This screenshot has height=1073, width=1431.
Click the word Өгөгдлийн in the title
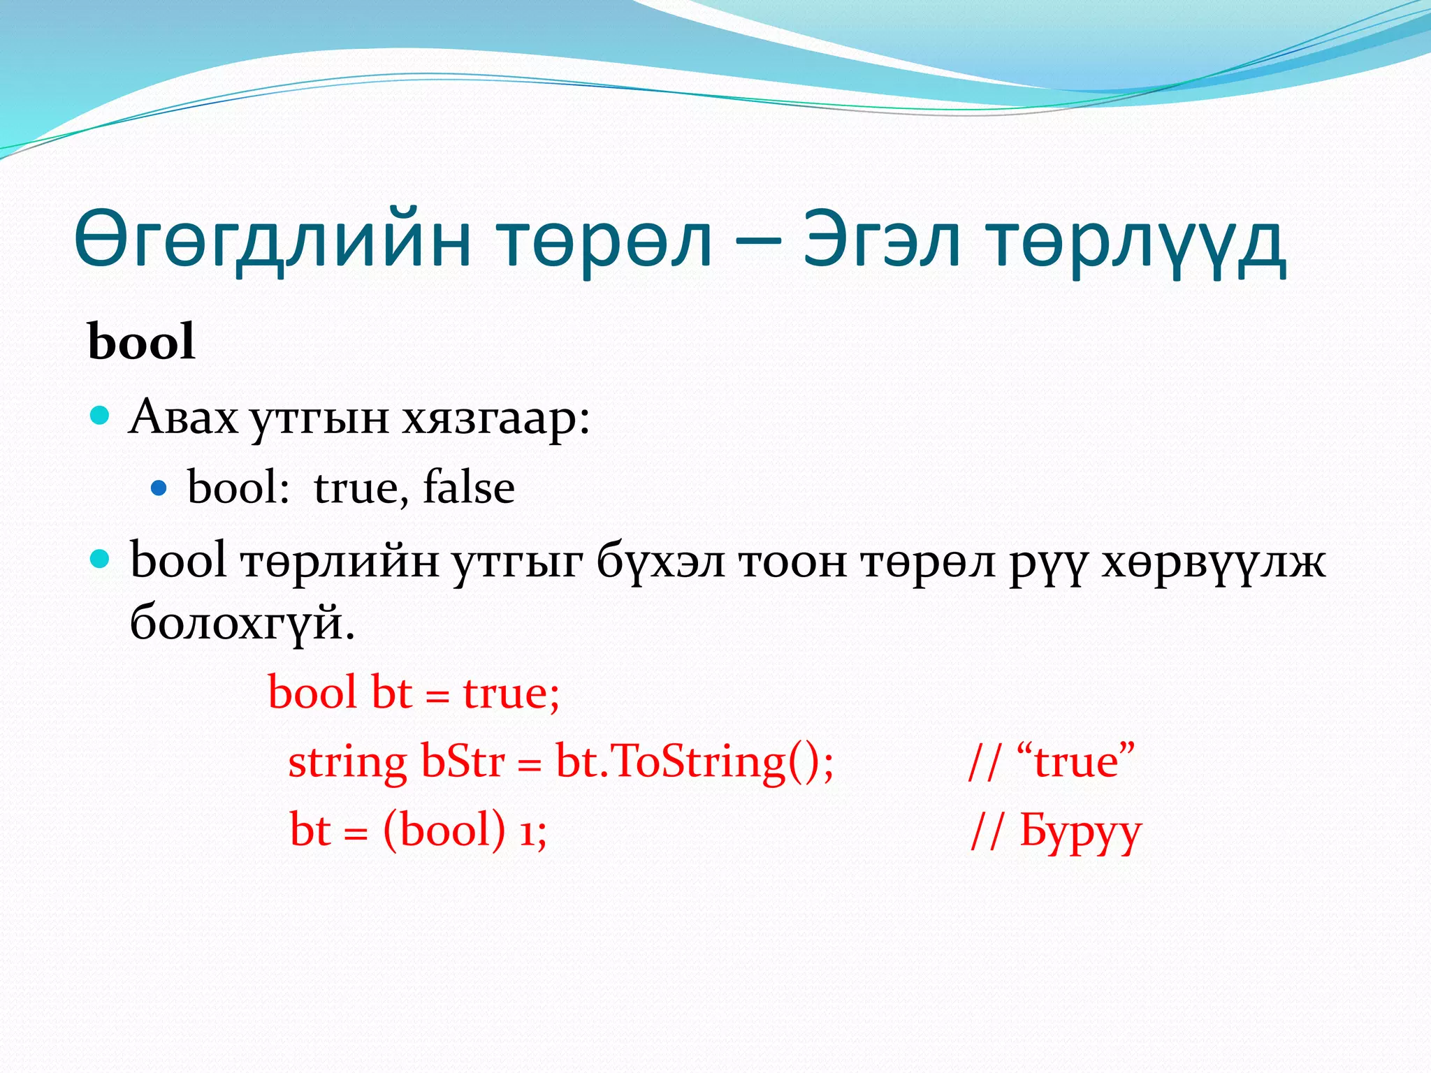coord(273,241)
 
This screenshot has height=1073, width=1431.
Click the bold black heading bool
coord(141,342)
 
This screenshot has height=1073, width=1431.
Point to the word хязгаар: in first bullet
coord(496,418)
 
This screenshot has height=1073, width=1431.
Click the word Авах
coord(184,418)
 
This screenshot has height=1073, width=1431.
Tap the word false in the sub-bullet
coord(469,487)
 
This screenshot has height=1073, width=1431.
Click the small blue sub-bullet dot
coord(159,487)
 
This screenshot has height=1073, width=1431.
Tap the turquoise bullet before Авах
coord(101,416)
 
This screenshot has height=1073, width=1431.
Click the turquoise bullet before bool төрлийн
coord(101,559)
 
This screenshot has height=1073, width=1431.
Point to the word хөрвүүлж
coord(1213,562)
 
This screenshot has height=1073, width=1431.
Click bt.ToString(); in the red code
coord(695,761)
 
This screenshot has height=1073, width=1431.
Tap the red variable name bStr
coord(462,761)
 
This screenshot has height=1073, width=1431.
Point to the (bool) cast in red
coord(444,831)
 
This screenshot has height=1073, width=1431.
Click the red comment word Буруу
coord(1080,831)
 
